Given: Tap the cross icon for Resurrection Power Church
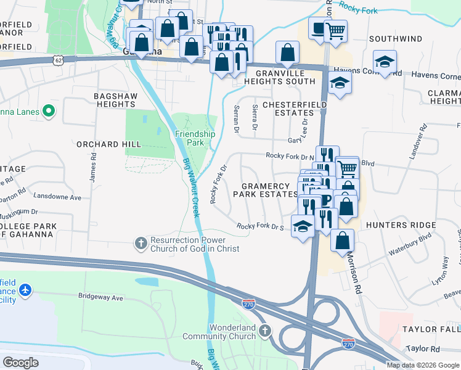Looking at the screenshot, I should pyautogui.click(x=141, y=244).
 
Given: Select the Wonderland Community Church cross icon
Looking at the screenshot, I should pyautogui.click(x=265, y=331).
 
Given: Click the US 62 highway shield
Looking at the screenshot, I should pyautogui.click(x=58, y=60).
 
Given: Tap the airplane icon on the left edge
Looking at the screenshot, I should pyautogui.click(x=25, y=290).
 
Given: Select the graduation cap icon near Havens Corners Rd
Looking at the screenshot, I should pyautogui.click(x=385, y=62).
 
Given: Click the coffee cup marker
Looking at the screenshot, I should pyautogui.click(x=318, y=29).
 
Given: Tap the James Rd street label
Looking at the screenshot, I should pyautogui.click(x=94, y=167).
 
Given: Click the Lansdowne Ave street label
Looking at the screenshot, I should pyautogui.click(x=58, y=198).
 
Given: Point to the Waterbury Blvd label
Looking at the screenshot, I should pyautogui.click(x=409, y=244).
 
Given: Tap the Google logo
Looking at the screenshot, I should pyautogui.click(x=21, y=362).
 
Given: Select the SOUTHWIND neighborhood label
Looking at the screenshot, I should pyautogui.click(x=396, y=39).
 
